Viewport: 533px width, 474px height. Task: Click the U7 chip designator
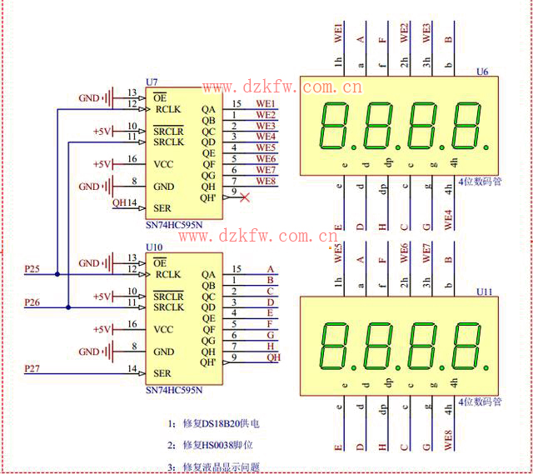pos(151,82)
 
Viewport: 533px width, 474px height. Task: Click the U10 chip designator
pos(153,247)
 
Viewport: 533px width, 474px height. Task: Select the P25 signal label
pos(32,268)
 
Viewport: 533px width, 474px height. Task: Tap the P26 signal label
pos(32,302)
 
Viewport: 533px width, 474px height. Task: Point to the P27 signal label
pos(32,367)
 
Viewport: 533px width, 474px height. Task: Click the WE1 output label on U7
pos(265,104)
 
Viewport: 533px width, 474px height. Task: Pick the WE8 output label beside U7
pos(265,181)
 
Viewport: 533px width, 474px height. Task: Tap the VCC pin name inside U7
pos(164,164)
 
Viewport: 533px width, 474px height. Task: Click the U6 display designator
pos(482,72)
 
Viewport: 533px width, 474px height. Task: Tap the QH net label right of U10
pos(273,357)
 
